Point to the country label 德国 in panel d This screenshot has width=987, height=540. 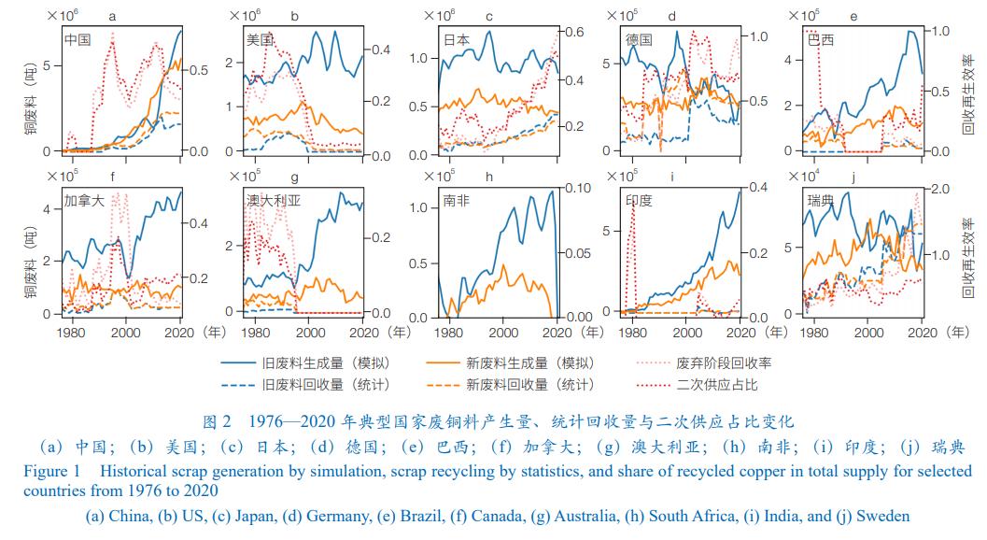pyautogui.click(x=639, y=40)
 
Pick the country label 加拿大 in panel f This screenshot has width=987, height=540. pyautogui.click(x=84, y=200)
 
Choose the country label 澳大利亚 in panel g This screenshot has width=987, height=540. pyautogui.click(x=273, y=200)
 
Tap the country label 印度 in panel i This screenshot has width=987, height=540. pyautogui.click(x=639, y=200)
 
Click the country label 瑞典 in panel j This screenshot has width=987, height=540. pyautogui.click(x=822, y=200)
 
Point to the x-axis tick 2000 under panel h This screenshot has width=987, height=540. pyautogui.click(x=504, y=333)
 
